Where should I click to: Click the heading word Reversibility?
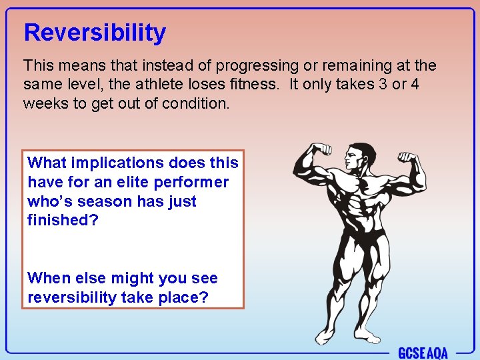tap(95, 33)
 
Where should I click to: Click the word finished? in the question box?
tap(63, 220)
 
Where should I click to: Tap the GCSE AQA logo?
tap(423, 352)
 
